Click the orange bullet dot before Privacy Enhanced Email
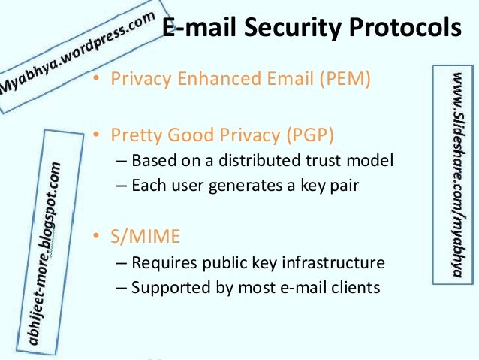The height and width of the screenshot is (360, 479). [95, 79]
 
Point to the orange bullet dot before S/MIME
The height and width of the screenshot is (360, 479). [95, 237]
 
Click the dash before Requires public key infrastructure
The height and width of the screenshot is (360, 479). [122, 262]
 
